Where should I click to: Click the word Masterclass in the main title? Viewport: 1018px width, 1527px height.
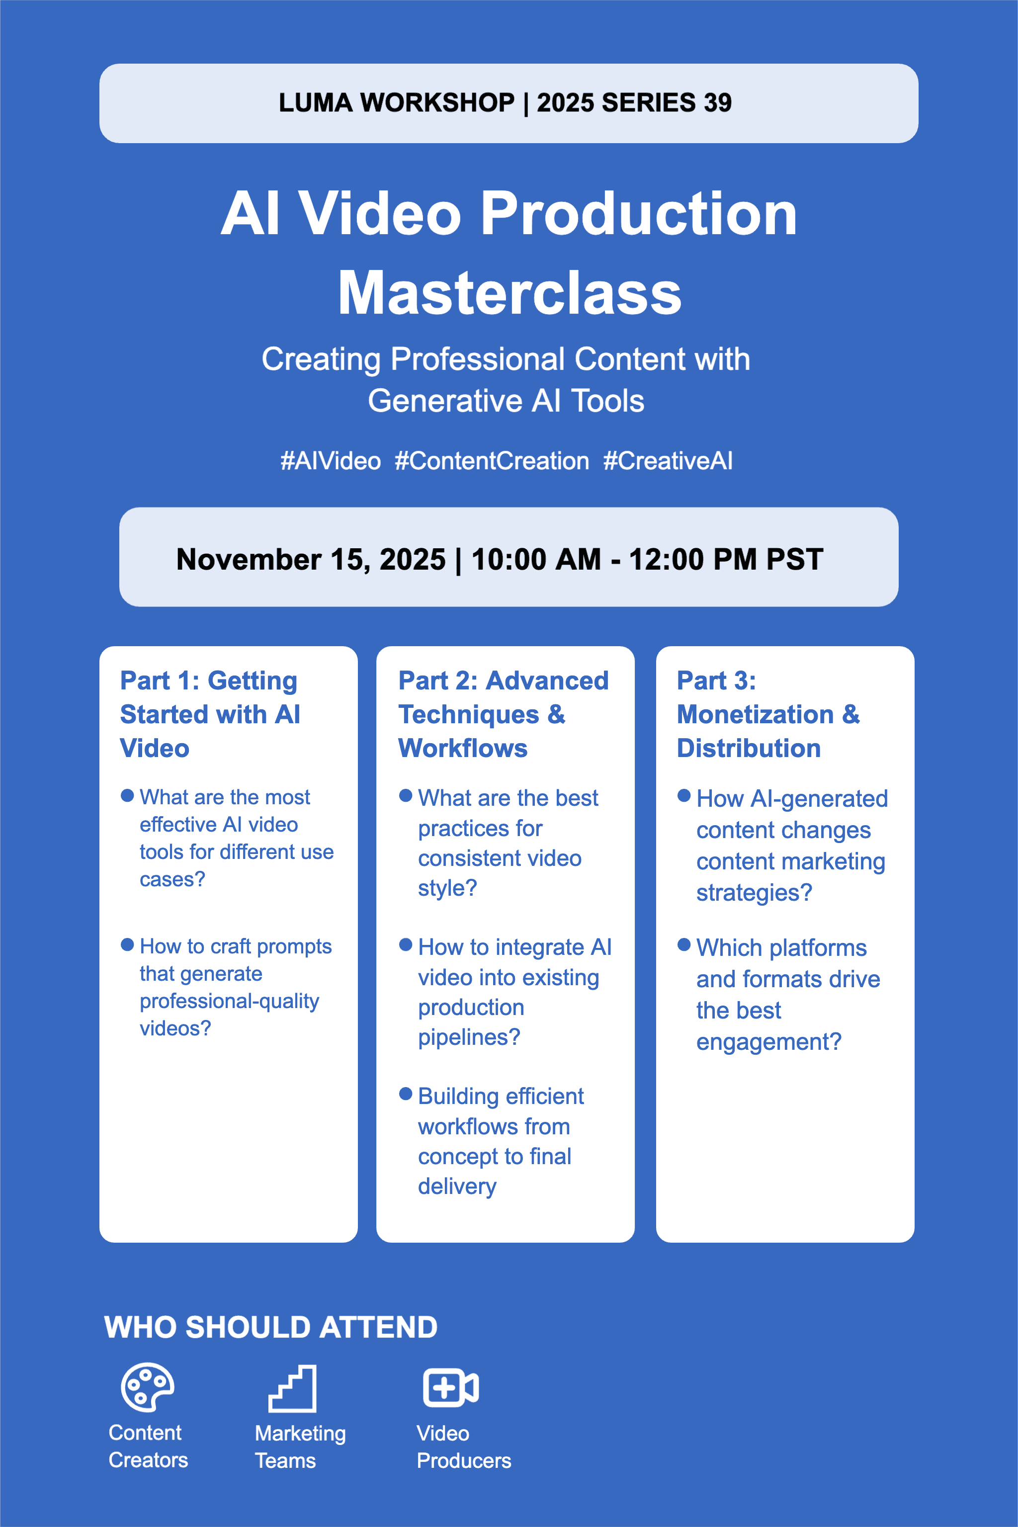(509, 293)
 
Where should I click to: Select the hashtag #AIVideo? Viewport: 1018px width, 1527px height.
(331, 461)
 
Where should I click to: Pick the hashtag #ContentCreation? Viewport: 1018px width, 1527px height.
(492, 461)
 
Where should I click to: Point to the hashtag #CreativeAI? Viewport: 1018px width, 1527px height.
(668, 461)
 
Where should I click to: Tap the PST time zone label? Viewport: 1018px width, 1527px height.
(795, 559)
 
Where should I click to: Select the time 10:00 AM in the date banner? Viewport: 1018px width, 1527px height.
(536, 559)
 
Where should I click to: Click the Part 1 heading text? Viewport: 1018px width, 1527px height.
(210, 714)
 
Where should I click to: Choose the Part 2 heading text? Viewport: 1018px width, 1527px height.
(503, 714)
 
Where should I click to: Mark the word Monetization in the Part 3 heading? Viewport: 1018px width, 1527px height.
(755, 714)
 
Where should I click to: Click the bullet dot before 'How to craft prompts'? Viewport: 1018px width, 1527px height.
(127, 944)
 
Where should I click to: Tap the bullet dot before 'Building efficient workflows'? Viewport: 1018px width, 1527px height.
(406, 1094)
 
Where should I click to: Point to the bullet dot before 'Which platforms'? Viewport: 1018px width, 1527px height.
(683, 944)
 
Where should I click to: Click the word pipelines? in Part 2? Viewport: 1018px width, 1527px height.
(469, 1037)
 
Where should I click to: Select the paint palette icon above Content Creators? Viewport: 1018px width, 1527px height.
(147, 1387)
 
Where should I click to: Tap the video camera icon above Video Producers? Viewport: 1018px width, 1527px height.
(450, 1388)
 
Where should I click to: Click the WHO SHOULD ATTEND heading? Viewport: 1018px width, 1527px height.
(271, 1327)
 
